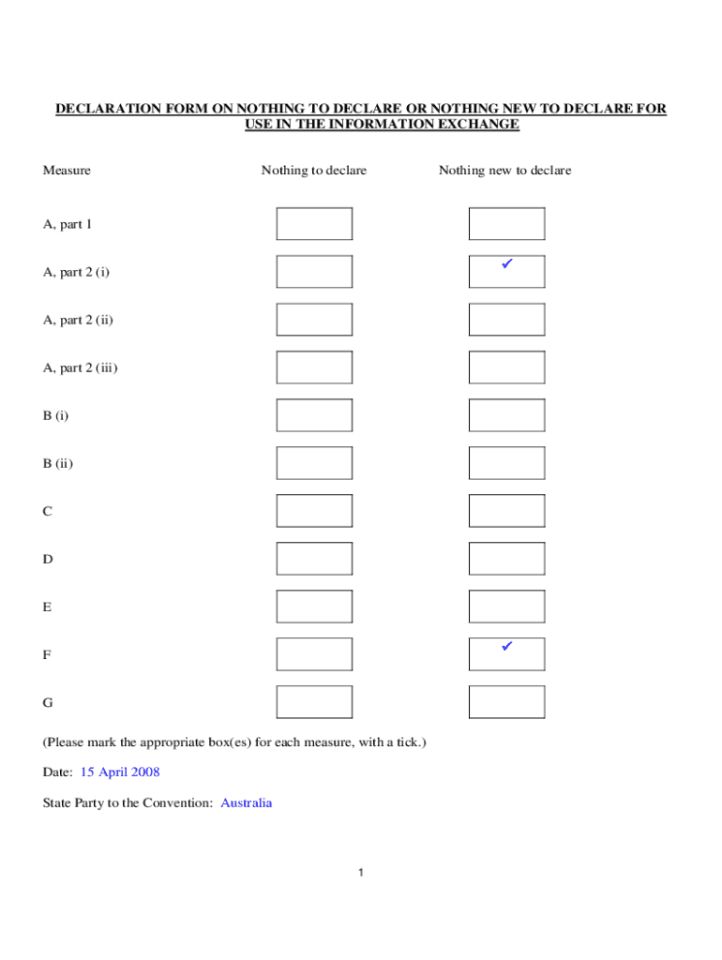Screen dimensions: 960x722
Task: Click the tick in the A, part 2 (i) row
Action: coord(505,265)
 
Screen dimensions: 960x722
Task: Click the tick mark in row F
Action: coord(505,647)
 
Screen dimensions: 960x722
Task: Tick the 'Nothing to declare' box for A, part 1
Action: coord(314,224)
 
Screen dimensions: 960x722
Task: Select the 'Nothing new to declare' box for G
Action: coord(506,702)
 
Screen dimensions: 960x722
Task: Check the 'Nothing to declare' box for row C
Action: coord(314,511)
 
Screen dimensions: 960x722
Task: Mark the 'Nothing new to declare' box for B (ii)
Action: coord(506,463)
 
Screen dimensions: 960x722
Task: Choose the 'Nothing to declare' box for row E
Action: coord(314,607)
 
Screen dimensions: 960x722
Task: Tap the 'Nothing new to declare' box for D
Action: coord(506,559)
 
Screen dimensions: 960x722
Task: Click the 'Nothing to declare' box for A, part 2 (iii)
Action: coord(314,367)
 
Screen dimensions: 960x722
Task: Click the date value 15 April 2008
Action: coord(120,772)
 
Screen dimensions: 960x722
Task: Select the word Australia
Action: coord(247,803)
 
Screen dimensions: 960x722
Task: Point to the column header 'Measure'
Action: coord(67,171)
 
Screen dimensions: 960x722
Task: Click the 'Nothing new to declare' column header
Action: coord(504,171)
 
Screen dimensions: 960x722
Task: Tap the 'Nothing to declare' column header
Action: coord(314,171)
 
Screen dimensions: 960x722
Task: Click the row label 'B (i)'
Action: coord(55,415)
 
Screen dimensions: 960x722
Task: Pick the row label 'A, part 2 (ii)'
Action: coord(78,320)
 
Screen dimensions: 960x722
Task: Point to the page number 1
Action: coord(361,874)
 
